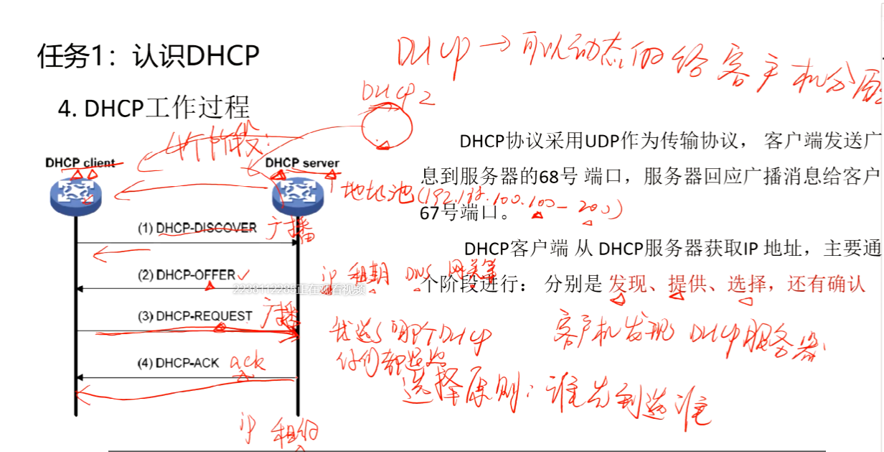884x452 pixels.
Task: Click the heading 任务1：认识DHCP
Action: click(x=148, y=55)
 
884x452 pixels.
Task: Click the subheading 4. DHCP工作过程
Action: click(x=154, y=108)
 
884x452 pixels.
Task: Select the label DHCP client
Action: click(x=80, y=162)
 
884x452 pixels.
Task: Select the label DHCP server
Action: click(x=302, y=162)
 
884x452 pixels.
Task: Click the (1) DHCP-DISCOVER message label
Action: click(x=197, y=228)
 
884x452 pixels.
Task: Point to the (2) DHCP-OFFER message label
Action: click(x=187, y=275)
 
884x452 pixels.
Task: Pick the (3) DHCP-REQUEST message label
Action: click(x=195, y=315)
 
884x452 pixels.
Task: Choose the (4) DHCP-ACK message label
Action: click(x=178, y=362)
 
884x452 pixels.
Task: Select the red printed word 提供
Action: click(x=686, y=284)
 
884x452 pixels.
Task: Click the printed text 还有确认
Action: click(x=826, y=284)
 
